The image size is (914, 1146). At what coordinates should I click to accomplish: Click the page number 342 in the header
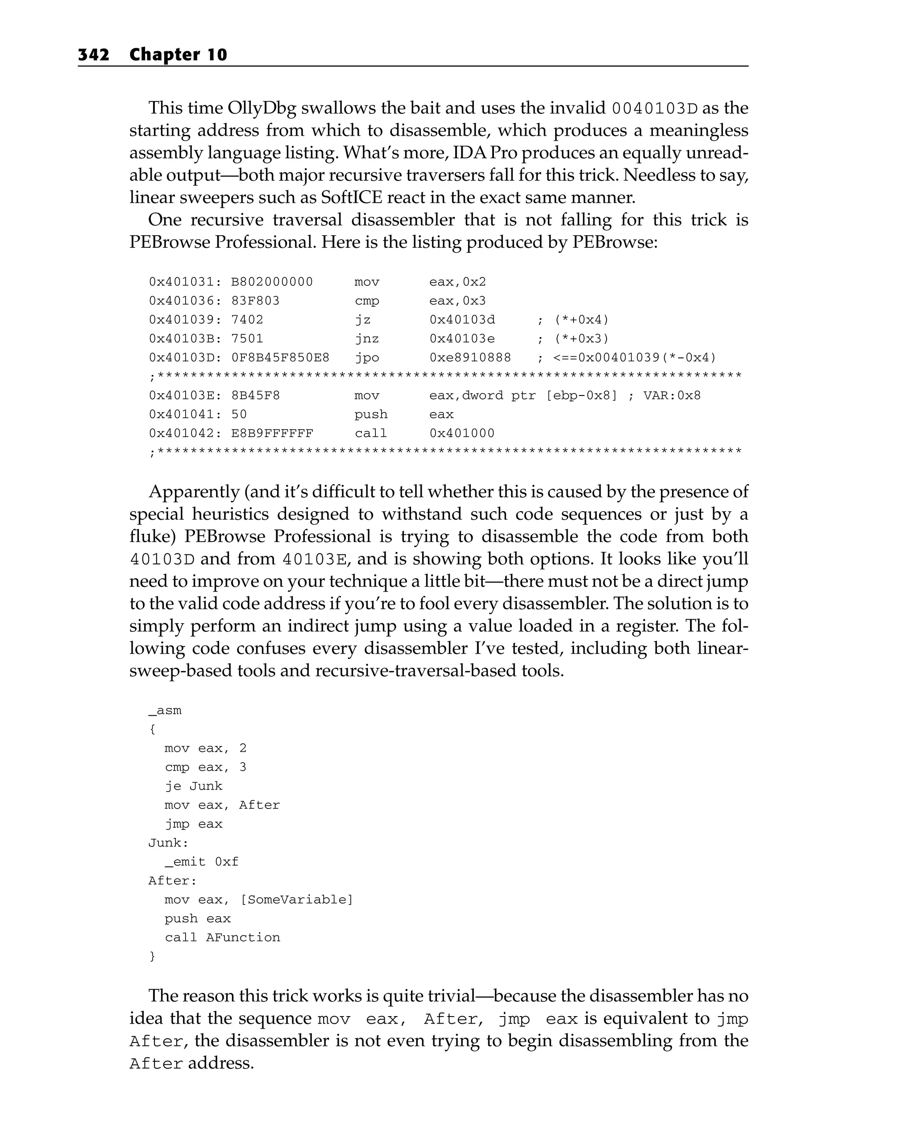[94, 55]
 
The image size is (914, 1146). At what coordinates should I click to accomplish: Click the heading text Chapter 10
[178, 55]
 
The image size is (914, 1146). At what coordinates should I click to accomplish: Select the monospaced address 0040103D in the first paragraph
[654, 108]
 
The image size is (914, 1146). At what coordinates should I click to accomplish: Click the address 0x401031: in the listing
[186, 282]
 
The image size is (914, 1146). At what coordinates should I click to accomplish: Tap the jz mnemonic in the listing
[362, 320]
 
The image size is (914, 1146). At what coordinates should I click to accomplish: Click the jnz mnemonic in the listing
[367, 338]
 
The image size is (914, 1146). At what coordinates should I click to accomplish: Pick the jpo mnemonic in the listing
[367, 358]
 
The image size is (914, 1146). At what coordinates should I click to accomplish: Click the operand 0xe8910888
[470, 358]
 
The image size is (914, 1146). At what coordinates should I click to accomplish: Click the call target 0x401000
[462, 433]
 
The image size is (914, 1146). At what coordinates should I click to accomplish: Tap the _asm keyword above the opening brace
[165, 711]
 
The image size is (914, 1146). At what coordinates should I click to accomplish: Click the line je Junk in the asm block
[193, 786]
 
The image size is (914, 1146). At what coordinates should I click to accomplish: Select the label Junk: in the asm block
[168, 843]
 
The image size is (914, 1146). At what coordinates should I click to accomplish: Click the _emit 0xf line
[201, 862]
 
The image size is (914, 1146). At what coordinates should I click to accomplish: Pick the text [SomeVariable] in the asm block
[296, 900]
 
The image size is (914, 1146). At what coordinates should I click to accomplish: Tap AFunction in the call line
[243, 938]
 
